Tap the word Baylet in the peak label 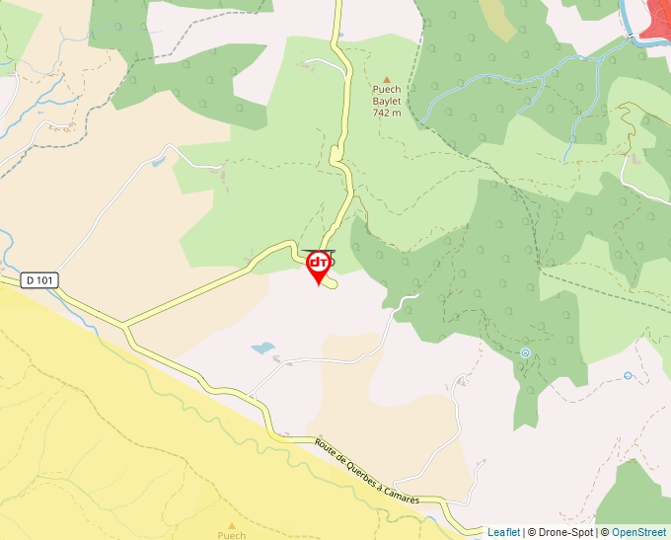pyautogui.click(x=387, y=101)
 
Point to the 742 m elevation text pyautogui.click(x=387, y=113)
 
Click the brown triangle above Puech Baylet pyautogui.click(x=387, y=79)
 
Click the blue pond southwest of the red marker pyautogui.click(x=262, y=348)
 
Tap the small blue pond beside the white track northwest pyautogui.click(x=159, y=160)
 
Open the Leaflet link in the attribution pyautogui.click(x=503, y=532)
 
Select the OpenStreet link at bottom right pyautogui.click(x=640, y=532)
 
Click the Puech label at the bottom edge pyautogui.click(x=231, y=535)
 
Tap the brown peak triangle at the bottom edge pyautogui.click(x=231, y=525)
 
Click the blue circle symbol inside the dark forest pyautogui.click(x=525, y=352)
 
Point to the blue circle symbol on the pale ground pyautogui.click(x=628, y=375)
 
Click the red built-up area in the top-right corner pyautogui.click(x=655, y=20)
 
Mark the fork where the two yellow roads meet pyautogui.click(x=125, y=323)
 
